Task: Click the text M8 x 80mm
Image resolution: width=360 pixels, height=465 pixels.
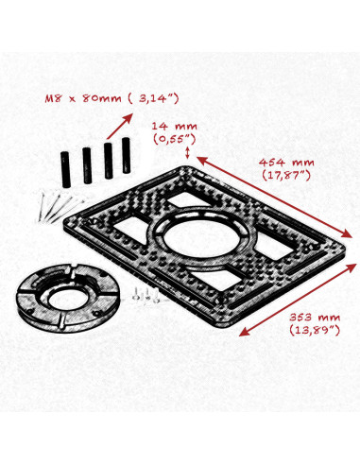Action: pos(85,97)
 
